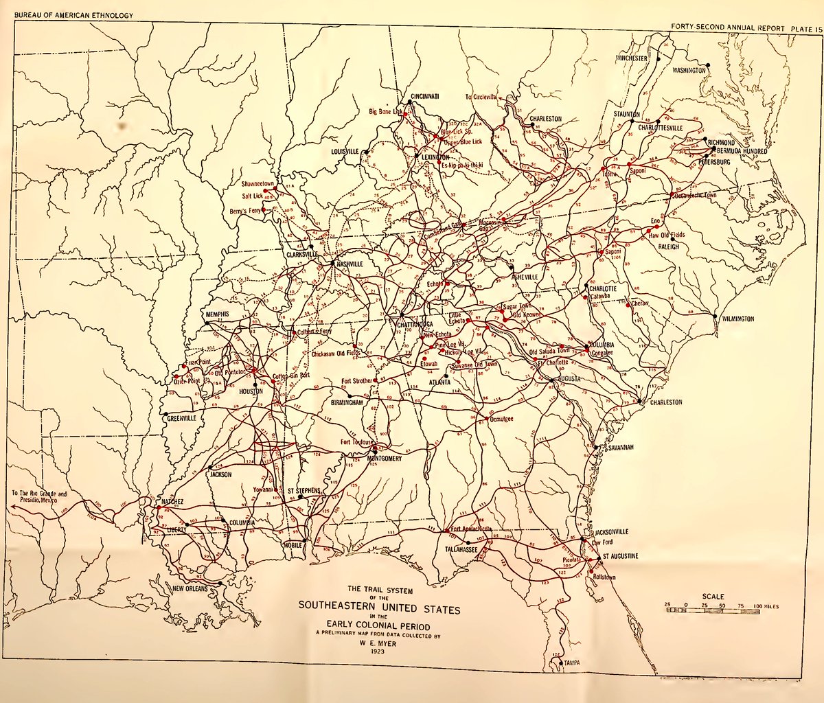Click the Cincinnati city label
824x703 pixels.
point(425,96)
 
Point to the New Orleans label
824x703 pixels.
point(190,589)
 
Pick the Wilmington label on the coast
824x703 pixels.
point(737,319)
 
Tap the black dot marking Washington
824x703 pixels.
point(709,65)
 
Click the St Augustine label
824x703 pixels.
point(621,555)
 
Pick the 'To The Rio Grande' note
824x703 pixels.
point(39,496)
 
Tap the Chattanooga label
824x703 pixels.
point(412,323)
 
